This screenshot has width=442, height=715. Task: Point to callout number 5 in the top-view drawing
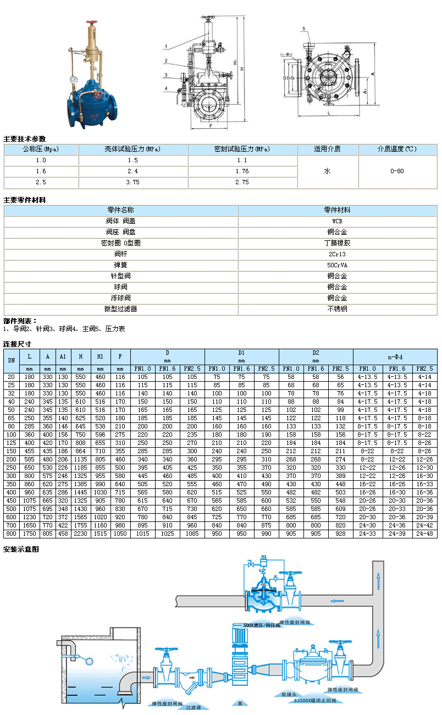(303, 28)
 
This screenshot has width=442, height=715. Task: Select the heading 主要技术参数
(24, 139)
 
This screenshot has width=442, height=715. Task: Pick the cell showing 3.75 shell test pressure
(132, 182)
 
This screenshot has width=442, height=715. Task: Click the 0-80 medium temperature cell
(397, 171)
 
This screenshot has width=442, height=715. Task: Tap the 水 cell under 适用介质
(327, 171)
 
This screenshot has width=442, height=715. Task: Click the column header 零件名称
(120, 210)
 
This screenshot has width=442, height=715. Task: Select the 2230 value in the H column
(80, 533)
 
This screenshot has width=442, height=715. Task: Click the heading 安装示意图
(21, 549)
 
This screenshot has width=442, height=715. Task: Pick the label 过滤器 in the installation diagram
(193, 707)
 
